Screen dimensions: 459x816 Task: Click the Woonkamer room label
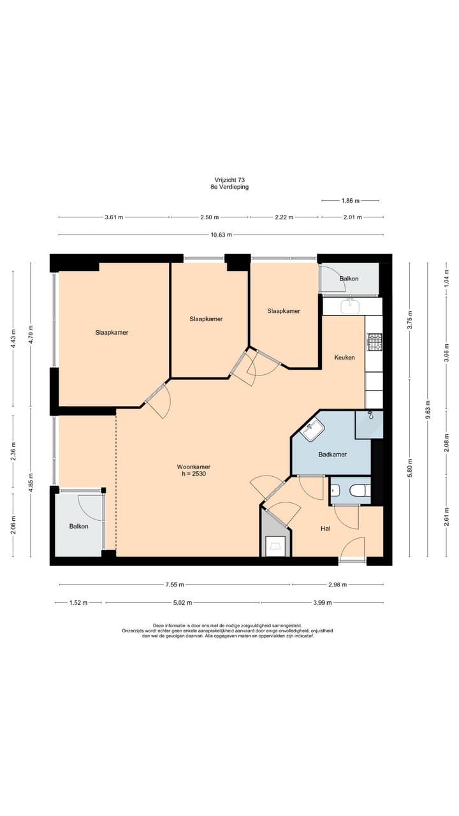point(193,467)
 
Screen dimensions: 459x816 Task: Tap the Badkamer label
point(332,455)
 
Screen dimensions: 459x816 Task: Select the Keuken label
point(344,358)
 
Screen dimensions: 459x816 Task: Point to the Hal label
point(325,528)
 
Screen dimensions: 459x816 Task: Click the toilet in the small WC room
point(360,490)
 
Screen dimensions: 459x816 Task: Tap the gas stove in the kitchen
point(374,342)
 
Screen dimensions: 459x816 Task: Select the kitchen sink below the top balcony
point(350,307)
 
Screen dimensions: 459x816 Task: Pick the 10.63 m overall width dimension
point(221,235)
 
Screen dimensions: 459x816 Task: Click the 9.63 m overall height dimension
point(428,410)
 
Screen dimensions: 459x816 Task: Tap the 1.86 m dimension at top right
point(351,201)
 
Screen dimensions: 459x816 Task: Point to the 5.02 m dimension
point(182,602)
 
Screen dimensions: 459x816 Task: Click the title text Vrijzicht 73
point(229,180)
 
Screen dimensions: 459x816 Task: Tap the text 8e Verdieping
point(229,187)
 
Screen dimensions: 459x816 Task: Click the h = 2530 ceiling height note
point(193,474)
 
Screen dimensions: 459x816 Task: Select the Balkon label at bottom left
point(78,527)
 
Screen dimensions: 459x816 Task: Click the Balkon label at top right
point(349,279)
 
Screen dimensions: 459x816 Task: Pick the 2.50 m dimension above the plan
point(210,217)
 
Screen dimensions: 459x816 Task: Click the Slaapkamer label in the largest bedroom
point(112,332)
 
